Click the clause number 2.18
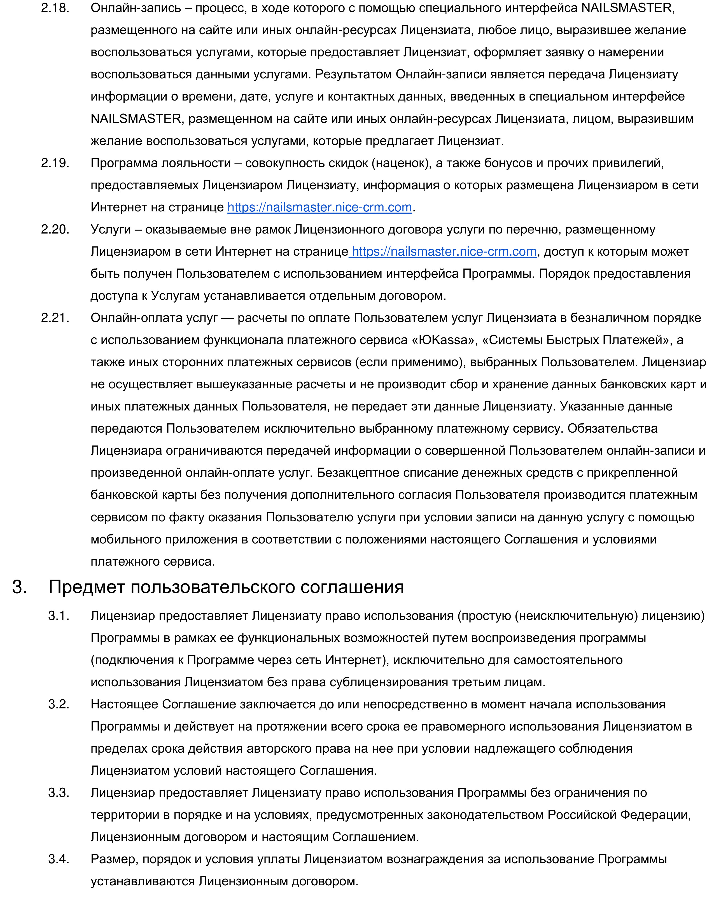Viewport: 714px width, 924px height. pyautogui.click(x=55, y=8)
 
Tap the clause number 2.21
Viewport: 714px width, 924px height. pyautogui.click(x=55, y=318)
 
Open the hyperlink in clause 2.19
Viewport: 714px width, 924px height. pyautogui.click(x=319, y=207)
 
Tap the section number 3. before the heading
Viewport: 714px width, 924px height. pyautogui.click(x=19, y=587)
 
